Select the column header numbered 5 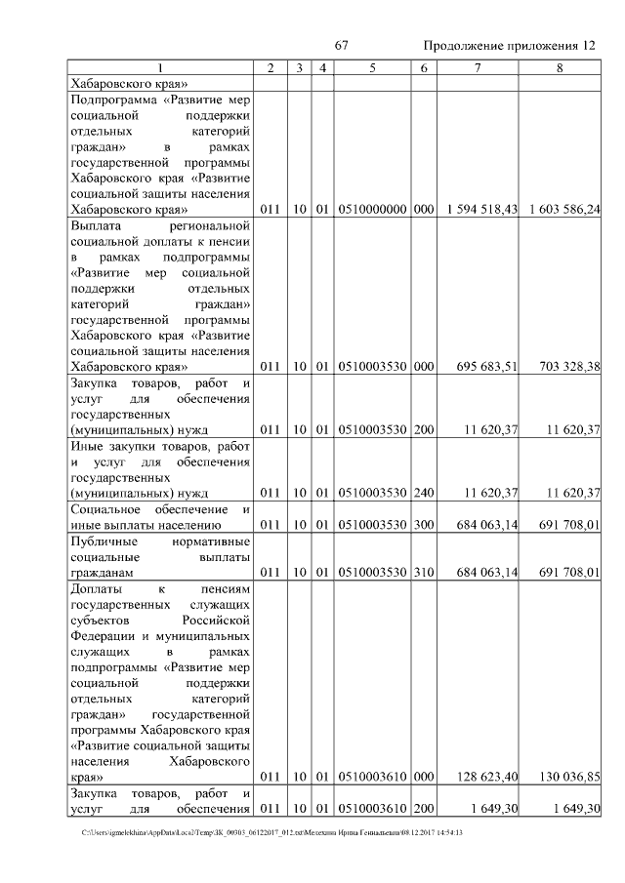click(x=372, y=67)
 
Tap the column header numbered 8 click(x=559, y=67)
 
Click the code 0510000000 click(x=372, y=210)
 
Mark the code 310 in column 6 click(x=423, y=573)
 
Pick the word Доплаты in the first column click(x=96, y=589)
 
